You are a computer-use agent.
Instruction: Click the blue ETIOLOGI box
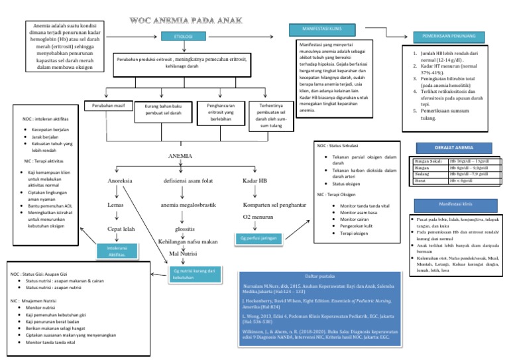(x=183, y=36)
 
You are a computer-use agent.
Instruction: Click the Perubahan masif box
(x=107, y=106)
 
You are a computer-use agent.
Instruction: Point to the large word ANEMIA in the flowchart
(x=181, y=156)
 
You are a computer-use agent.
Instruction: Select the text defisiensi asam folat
(x=189, y=181)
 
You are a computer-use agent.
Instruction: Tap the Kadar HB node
(x=256, y=181)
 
